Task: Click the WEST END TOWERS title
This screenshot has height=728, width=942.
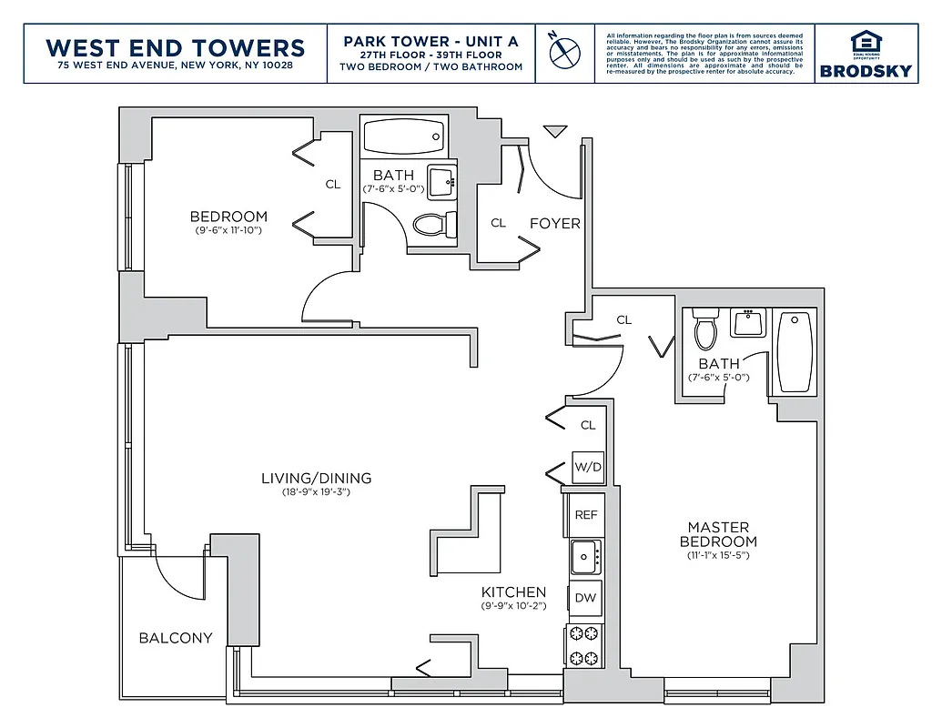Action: [175, 46]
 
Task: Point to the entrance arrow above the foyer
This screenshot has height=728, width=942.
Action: [554, 132]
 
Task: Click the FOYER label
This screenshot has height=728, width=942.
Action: [554, 223]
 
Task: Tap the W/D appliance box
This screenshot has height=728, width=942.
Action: [587, 468]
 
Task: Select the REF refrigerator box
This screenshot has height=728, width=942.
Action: [586, 514]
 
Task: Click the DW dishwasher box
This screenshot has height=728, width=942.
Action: [586, 598]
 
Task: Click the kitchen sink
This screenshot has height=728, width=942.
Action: [584, 554]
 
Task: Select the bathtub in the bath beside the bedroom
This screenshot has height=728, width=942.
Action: [403, 137]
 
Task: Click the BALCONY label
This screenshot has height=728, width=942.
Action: [176, 638]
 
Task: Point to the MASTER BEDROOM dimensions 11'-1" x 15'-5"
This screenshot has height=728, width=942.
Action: [718, 555]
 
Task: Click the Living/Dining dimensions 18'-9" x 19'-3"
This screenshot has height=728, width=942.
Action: [316, 492]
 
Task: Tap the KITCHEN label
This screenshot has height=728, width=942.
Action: [513, 591]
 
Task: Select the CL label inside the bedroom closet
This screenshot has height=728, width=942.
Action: [333, 185]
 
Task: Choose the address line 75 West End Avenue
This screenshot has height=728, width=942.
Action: [175, 66]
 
